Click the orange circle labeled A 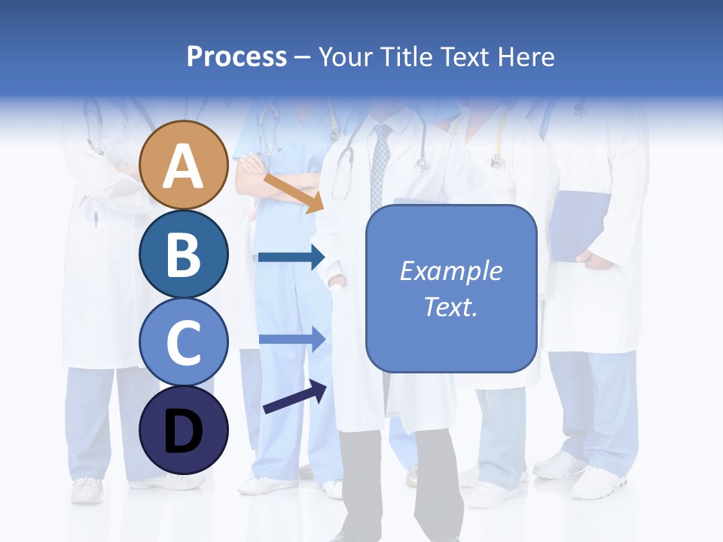[184, 165]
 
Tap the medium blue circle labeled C [184, 342]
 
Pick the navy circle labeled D [184, 430]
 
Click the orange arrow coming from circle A [293, 193]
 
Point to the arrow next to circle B [291, 257]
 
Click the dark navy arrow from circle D [294, 397]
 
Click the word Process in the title [236, 56]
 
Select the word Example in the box [450, 271]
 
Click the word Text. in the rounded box [450, 306]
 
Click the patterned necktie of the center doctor [381, 166]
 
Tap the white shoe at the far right [599, 482]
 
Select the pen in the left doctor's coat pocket [96, 219]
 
